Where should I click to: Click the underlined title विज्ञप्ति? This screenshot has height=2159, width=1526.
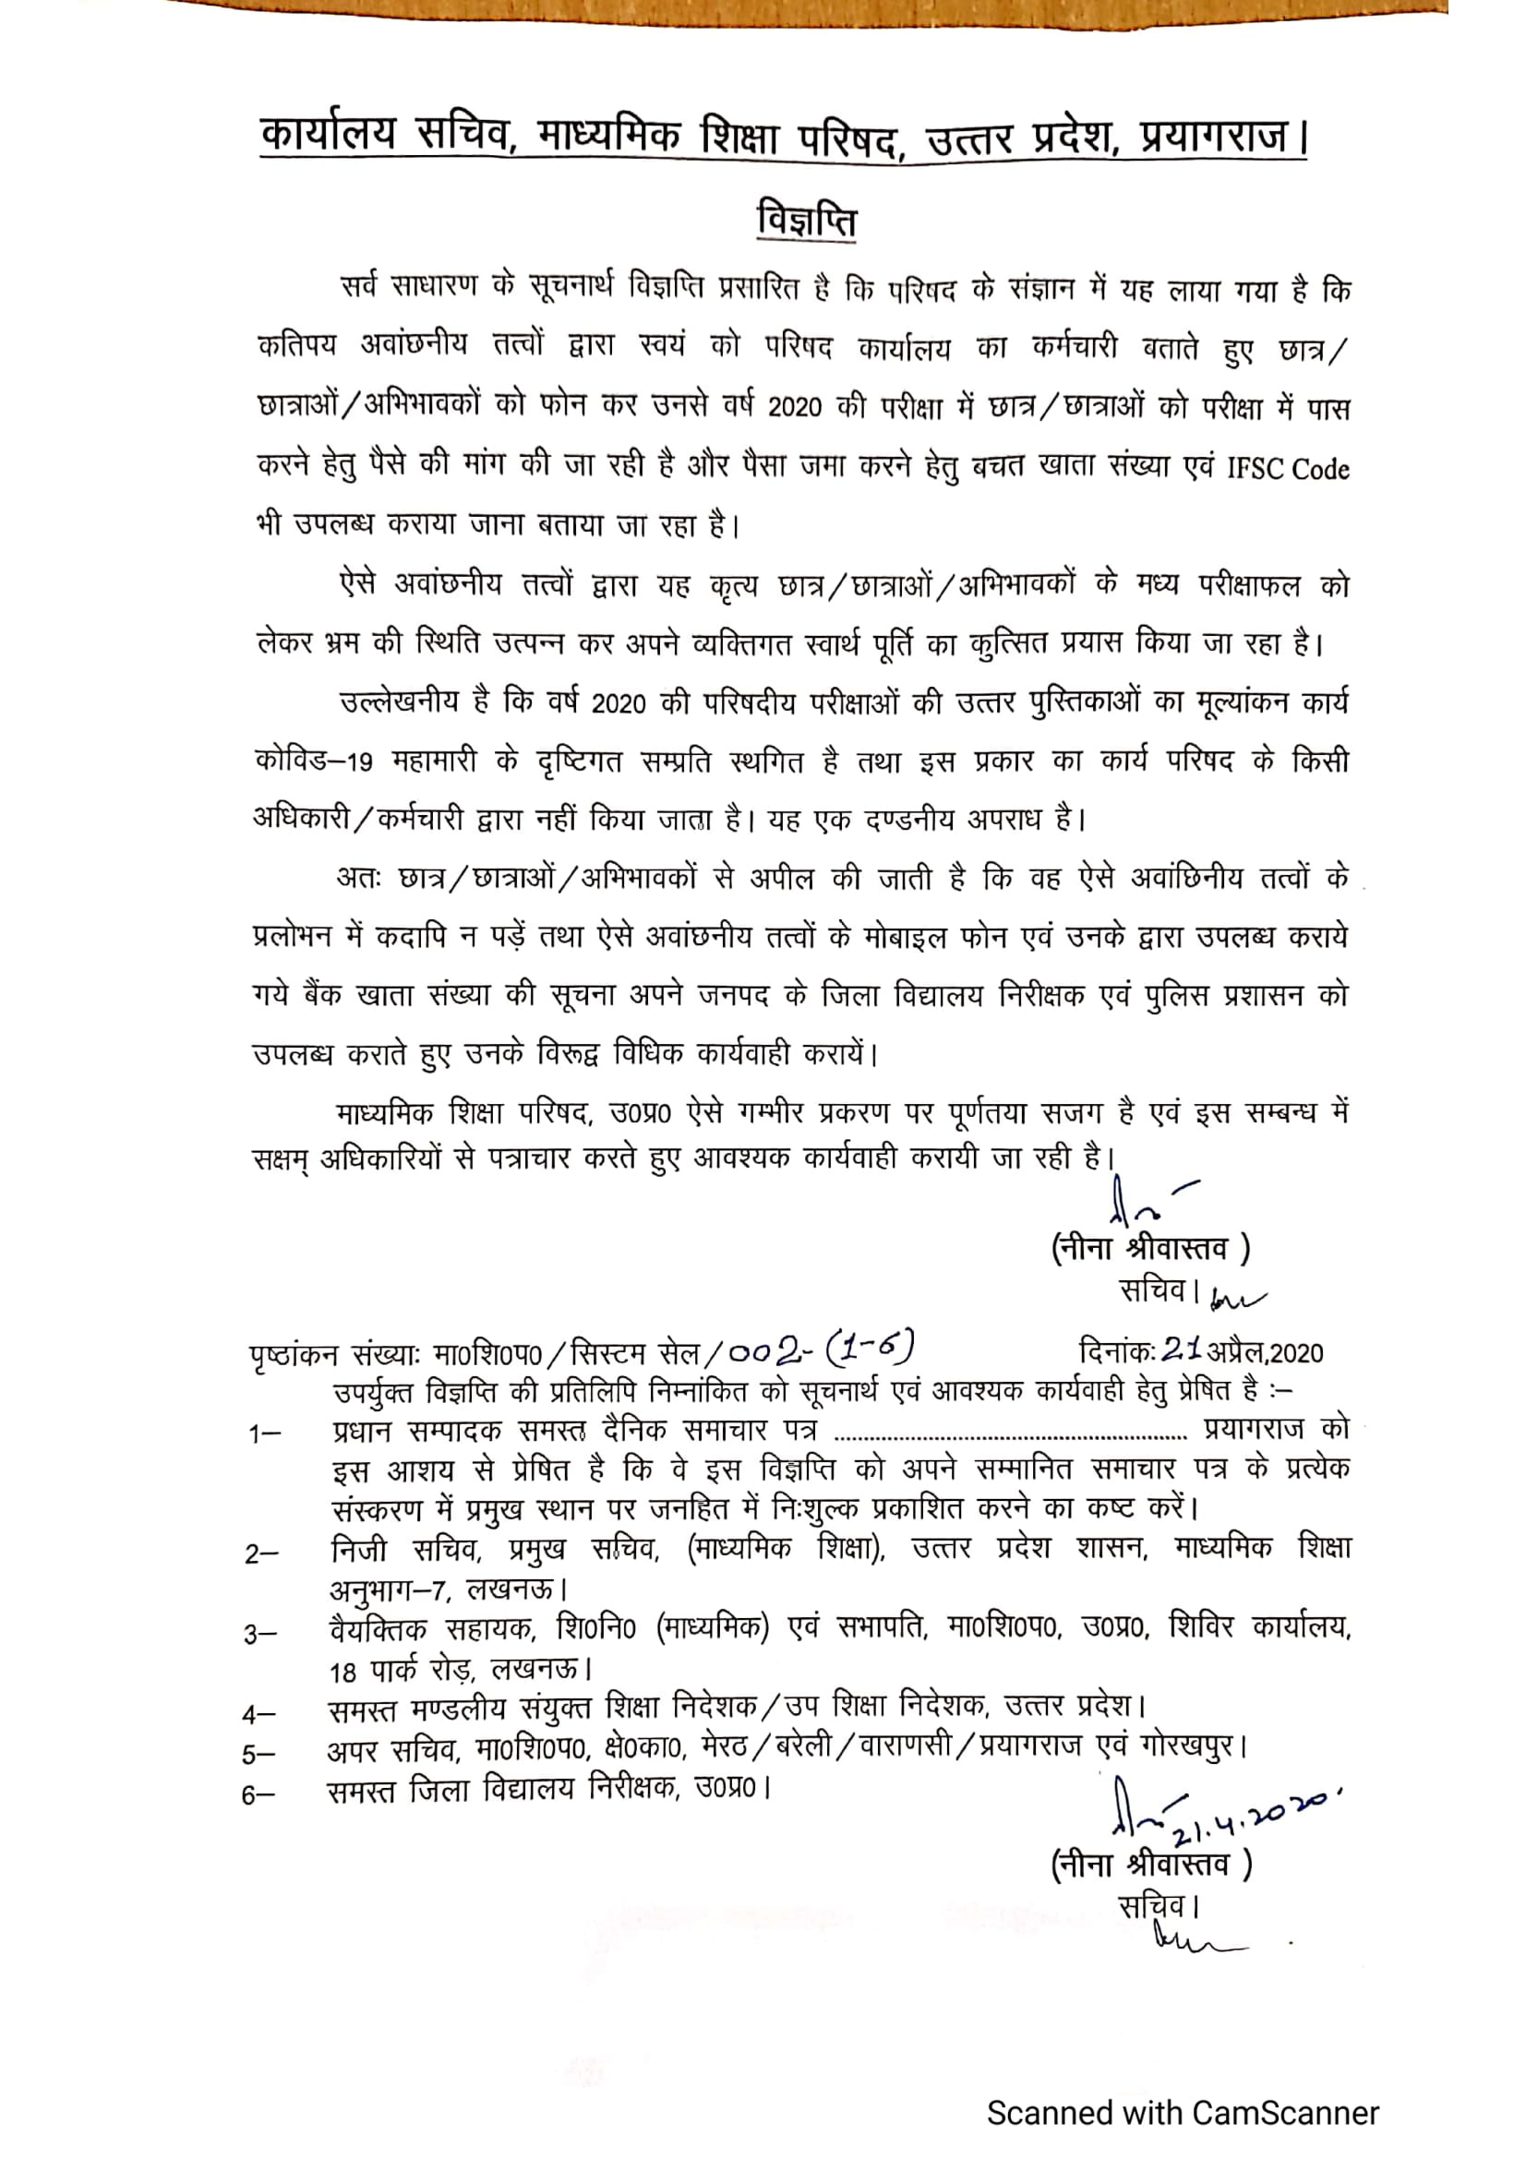(x=806, y=221)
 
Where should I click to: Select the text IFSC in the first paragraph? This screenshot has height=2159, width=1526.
(x=1255, y=468)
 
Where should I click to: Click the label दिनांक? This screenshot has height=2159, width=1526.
(x=1117, y=1352)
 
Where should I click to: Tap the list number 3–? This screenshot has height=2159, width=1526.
(x=260, y=1635)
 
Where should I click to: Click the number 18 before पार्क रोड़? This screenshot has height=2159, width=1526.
(x=343, y=1673)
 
